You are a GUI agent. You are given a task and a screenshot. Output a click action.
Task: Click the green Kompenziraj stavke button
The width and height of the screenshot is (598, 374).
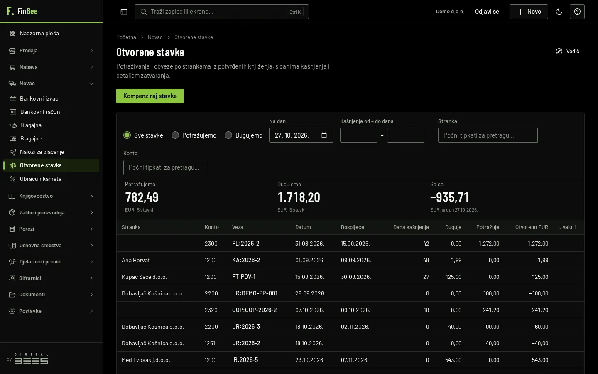150,96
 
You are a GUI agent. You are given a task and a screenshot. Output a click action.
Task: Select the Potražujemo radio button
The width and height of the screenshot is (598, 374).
175,135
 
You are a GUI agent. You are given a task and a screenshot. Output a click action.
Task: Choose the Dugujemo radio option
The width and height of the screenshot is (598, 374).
228,135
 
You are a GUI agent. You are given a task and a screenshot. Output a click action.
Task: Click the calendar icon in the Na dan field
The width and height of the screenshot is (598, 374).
324,135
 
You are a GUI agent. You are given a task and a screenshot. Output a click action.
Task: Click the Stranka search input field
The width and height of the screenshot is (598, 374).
488,135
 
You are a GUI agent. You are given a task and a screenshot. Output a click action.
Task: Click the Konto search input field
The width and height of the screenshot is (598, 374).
165,167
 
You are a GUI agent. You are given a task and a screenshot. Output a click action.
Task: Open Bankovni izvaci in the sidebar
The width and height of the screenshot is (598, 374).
39,98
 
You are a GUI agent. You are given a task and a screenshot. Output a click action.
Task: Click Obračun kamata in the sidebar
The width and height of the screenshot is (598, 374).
41,179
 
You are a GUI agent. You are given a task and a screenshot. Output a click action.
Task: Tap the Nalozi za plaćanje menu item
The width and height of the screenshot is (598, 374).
42,152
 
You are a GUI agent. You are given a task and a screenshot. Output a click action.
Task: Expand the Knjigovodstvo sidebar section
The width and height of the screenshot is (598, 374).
51,196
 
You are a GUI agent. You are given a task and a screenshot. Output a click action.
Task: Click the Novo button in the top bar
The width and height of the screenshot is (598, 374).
529,12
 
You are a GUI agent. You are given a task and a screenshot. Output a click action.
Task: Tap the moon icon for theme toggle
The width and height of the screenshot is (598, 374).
559,12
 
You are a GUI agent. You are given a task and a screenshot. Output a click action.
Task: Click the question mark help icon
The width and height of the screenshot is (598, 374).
577,12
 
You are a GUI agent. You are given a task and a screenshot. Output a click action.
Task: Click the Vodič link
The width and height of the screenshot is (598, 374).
568,51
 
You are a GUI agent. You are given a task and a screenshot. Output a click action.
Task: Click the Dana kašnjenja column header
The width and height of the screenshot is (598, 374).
411,227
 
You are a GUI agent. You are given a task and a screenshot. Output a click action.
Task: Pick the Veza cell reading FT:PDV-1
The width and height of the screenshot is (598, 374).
244,277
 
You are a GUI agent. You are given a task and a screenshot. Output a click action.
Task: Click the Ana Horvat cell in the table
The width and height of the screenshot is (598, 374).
136,260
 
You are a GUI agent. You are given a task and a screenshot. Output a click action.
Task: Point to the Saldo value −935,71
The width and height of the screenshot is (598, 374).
450,197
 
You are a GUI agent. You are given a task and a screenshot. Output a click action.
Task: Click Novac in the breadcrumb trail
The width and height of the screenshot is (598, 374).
155,37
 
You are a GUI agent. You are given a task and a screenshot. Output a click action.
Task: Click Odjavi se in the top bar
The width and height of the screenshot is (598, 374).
487,12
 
